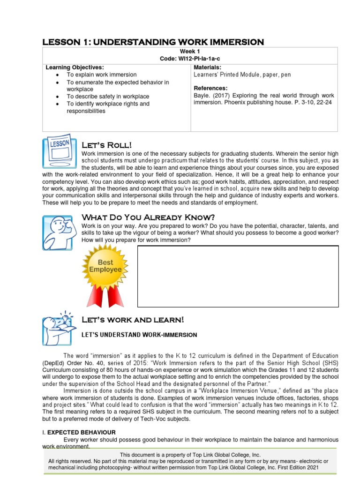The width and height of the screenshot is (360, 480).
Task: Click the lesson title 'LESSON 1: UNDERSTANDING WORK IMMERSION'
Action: tap(153, 42)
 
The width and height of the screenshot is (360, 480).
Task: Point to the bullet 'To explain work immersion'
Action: tap(102, 75)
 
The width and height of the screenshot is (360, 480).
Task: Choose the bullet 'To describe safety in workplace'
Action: tap(108, 97)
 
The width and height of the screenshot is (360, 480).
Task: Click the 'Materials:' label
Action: tap(208, 67)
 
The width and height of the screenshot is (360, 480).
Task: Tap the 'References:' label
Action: tap(210, 88)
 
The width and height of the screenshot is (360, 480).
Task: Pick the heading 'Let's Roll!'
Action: tap(107, 144)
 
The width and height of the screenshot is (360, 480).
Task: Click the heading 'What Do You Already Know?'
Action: tap(148, 217)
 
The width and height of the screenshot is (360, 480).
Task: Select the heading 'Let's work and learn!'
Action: tap(133, 320)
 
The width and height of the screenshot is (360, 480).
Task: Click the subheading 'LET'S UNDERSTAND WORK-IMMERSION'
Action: tap(139, 335)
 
